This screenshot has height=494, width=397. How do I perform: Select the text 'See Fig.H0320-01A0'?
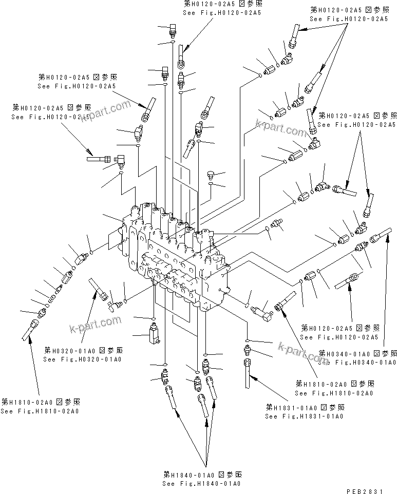[83, 359]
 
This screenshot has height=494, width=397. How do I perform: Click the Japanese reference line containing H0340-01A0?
[358, 354]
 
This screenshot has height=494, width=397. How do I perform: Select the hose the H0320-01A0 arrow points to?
[98, 288]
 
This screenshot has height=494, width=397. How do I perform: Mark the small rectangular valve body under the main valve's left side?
[153, 332]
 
